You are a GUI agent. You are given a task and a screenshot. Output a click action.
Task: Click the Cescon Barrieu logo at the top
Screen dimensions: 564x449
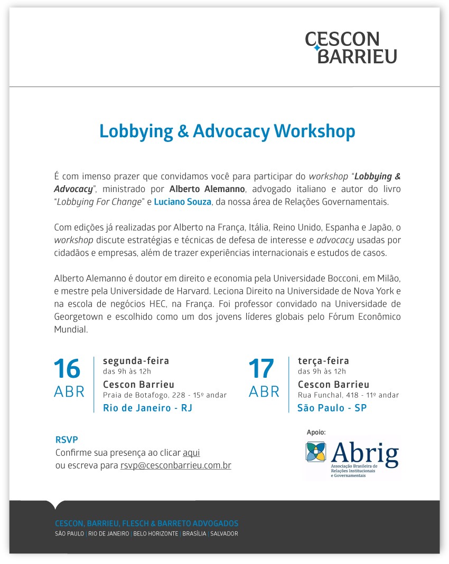(351, 47)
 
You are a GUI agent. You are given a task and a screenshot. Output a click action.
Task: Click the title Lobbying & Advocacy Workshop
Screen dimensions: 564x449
(227, 131)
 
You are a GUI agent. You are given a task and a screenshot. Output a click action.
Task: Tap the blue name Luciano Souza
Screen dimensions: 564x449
(183, 201)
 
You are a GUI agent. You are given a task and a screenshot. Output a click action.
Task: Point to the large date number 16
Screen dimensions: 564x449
(67, 369)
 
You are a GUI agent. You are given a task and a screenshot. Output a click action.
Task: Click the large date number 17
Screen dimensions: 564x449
(261, 369)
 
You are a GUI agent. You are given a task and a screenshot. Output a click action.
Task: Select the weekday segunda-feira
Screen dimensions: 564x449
(136, 361)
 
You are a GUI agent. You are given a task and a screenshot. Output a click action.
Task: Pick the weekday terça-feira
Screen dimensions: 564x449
(323, 361)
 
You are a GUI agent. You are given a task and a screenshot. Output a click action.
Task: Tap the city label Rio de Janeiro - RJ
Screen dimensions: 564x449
(147, 408)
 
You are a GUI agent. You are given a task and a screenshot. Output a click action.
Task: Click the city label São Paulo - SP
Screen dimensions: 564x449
(332, 408)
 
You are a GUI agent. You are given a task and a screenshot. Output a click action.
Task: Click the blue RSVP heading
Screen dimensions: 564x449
(67, 439)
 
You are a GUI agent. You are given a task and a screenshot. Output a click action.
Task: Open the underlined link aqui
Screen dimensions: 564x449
(191, 453)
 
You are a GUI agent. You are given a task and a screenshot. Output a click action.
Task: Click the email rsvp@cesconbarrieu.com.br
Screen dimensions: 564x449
(175, 466)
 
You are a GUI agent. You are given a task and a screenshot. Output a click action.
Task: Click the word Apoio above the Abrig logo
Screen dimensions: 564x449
(316, 432)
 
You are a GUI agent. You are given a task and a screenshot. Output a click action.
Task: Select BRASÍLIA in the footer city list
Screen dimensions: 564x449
(194, 533)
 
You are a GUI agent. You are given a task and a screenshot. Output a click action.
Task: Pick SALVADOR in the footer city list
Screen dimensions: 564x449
(224, 533)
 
